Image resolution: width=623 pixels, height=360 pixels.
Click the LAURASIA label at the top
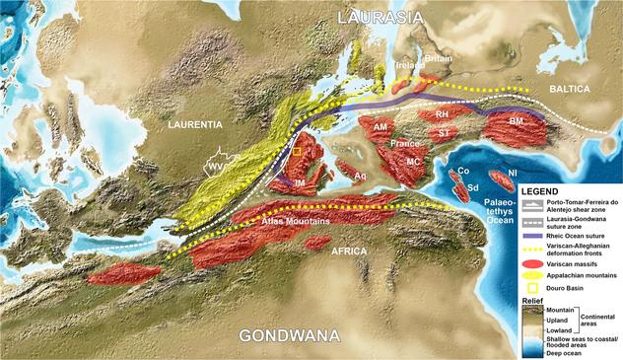380,17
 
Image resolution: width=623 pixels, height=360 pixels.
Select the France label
405,143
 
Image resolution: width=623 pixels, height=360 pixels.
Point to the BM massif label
516,121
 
